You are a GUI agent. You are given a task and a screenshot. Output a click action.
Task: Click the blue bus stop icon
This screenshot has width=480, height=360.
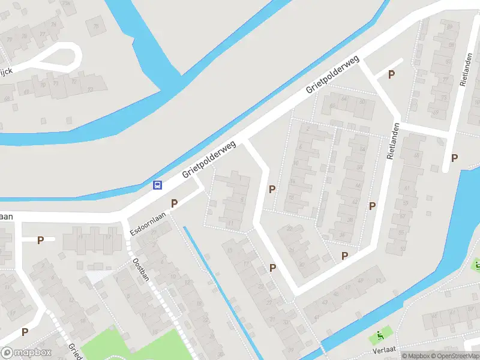click(x=158, y=185)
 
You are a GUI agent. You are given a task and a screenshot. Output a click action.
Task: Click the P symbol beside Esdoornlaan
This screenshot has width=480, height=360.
click(x=174, y=203)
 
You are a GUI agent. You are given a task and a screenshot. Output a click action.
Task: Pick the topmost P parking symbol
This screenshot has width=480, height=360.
click(x=391, y=74)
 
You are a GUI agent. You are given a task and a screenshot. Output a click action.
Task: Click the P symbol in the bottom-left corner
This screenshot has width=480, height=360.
click(x=25, y=332)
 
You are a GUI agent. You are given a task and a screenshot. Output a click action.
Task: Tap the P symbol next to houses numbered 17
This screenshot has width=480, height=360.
click(x=40, y=240)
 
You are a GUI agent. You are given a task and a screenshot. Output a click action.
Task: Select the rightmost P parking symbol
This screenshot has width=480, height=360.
click(x=454, y=158)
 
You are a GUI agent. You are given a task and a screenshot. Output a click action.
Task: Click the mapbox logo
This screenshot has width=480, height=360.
click(x=26, y=353)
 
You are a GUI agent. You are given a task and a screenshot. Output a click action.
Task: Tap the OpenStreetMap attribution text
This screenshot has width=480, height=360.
click(x=455, y=356)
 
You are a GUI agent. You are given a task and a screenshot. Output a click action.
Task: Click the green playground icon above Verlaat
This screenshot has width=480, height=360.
click(x=380, y=335)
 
